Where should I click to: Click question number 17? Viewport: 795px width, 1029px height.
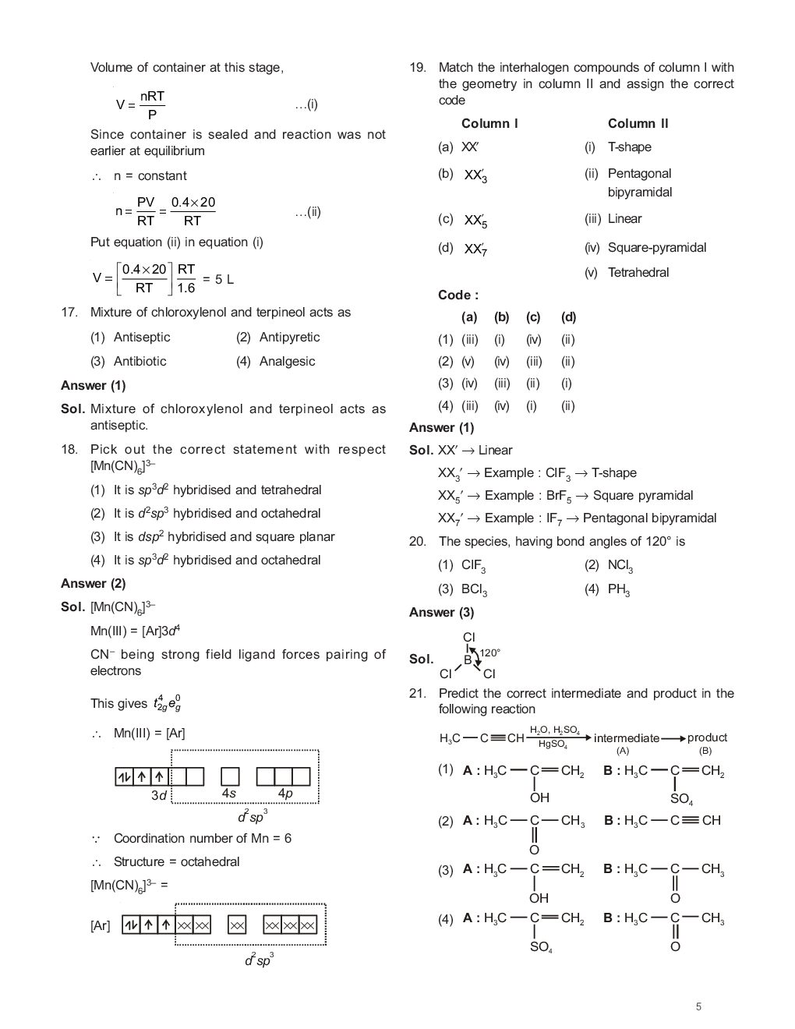tap(69, 313)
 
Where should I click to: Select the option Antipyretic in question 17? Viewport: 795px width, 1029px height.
tap(289, 338)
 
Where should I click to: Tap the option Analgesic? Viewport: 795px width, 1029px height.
tap(287, 362)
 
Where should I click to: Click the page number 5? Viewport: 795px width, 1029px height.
tap(698, 1006)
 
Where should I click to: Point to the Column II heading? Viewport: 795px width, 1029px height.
tap(638, 124)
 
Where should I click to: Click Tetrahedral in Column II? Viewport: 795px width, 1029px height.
tap(638, 273)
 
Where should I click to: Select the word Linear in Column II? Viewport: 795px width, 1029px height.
tap(624, 219)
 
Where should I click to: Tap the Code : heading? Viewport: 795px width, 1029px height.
tap(458, 295)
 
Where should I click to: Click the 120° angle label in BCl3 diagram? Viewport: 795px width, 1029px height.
tap(489, 652)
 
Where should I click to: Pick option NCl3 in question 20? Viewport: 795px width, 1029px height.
tap(620, 566)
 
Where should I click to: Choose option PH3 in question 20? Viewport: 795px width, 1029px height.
tap(619, 590)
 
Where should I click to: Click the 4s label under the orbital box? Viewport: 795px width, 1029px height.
tap(228, 794)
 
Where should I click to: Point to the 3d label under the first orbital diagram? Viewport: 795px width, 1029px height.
tap(159, 795)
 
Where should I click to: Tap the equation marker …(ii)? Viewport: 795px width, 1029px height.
tap(308, 212)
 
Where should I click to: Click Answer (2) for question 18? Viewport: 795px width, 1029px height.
tap(93, 584)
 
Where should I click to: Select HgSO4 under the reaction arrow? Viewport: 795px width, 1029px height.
tap(553, 745)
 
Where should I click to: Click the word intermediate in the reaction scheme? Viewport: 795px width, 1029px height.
tap(626, 738)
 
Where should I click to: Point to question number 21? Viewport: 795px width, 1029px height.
tap(417, 694)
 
